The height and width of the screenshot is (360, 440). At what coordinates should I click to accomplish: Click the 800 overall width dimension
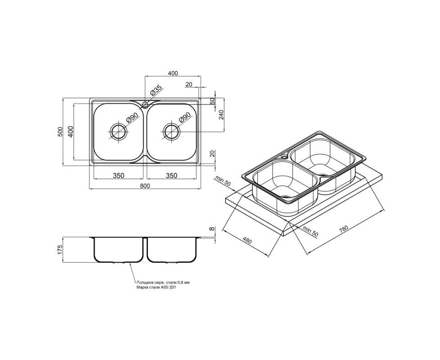coord(145,186)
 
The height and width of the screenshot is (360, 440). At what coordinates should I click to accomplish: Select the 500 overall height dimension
coord(59,132)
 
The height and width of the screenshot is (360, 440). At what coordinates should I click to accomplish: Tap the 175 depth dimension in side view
coord(59,249)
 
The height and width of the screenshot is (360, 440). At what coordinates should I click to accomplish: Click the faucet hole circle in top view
coord(145,105)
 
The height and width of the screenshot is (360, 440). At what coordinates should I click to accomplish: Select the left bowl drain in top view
coord(118,131)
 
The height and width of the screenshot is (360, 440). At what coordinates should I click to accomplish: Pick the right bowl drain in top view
coord(171,131)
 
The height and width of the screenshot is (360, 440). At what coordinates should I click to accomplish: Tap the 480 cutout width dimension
coord(247,240)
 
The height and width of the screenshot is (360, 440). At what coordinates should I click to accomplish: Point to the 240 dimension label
coord(221,115)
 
